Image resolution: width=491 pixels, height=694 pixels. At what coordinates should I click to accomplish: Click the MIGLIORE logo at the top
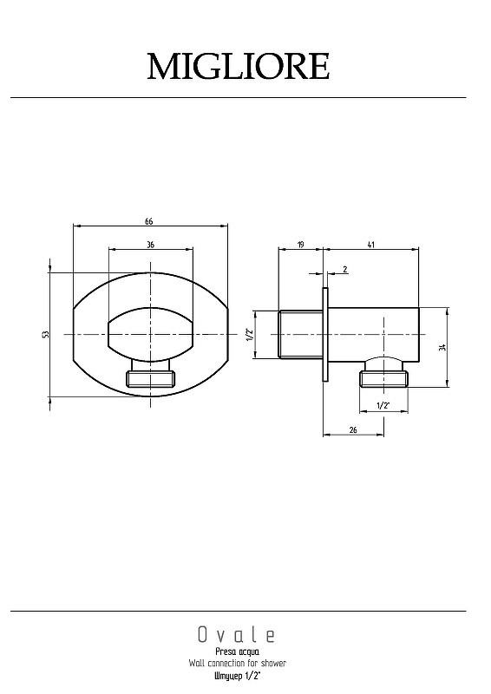point(239,67)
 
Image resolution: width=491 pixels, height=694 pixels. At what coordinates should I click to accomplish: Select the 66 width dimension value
point(148,221)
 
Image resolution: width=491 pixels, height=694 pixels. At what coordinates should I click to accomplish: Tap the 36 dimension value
point(151,245)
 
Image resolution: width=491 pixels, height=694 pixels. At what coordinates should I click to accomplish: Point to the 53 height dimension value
point(45,335)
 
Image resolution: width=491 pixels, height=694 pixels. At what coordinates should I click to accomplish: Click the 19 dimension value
point(301,245)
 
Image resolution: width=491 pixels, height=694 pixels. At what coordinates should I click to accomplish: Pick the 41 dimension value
point(371,245)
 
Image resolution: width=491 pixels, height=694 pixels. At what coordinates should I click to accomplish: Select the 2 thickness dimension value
point(345,269)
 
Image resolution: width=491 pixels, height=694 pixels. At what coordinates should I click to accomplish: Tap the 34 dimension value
point(442,347)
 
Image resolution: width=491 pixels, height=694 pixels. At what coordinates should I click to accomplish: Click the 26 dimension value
point(353,429)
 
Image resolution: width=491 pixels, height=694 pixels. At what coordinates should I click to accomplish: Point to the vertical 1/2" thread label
point(249,335)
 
